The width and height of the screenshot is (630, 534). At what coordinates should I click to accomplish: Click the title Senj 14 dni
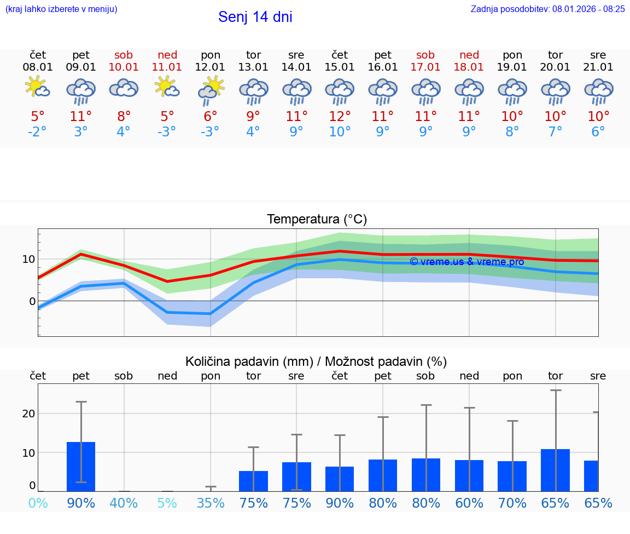coord(255,17)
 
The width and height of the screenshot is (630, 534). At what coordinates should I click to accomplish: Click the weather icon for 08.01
coord(37,88)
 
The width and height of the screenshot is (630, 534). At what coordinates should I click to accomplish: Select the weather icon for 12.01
coord(211,90)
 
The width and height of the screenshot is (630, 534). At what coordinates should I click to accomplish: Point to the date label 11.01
coord(167,67)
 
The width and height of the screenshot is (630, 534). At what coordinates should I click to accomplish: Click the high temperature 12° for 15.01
coord(340,116)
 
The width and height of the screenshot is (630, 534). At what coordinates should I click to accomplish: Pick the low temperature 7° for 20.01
coord(555,132)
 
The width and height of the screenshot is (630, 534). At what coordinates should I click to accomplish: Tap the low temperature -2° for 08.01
coord(37,132)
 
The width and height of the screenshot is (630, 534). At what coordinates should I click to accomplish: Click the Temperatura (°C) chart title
coord(317,220)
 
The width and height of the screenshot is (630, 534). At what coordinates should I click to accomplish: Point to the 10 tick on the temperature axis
coord(29,259)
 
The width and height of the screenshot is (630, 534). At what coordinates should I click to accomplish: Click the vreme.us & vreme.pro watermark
coord(466,262)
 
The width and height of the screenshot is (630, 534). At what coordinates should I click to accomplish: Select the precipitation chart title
coord(316,361)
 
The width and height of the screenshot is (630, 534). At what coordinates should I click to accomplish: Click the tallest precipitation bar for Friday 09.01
coord(81,467)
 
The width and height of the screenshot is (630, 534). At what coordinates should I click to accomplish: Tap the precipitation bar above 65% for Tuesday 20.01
coord(555,470)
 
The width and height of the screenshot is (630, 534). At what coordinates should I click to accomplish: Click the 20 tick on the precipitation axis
coord(29,414)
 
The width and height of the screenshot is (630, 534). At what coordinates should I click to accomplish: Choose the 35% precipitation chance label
coord(211,503)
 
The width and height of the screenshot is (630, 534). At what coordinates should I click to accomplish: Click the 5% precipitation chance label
coord(167,503)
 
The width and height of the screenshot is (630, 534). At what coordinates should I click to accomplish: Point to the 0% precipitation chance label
coord(37,503)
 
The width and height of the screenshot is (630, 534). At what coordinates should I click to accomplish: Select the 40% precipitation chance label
coord(124,503)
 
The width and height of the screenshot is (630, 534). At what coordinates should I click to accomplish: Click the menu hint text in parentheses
coord(61,9)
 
